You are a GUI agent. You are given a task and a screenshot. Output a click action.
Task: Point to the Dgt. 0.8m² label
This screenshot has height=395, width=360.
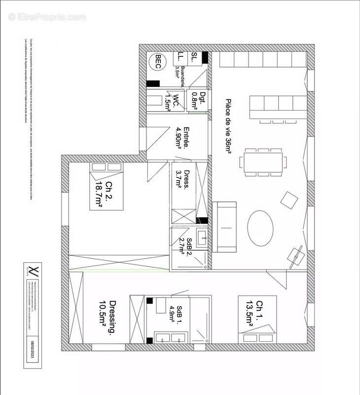[198, 100]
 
